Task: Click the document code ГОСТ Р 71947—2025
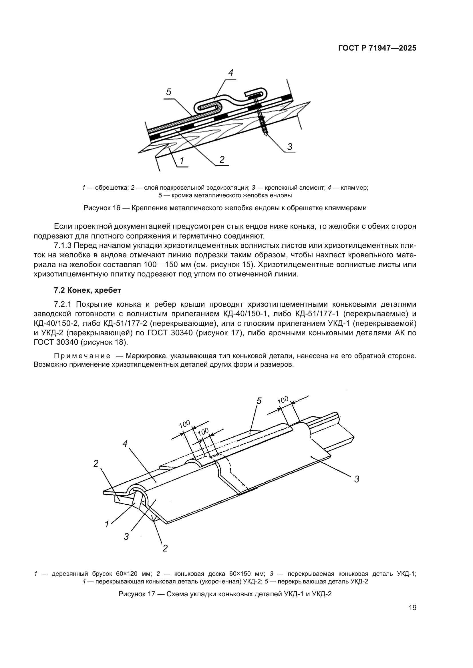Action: click(x=377, y=48)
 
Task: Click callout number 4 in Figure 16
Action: click(x=230, y=73)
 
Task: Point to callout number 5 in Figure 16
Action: click(x=169, y=92)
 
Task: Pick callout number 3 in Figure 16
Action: click(x=290, y=147)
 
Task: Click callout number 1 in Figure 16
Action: click(x=182, y=160)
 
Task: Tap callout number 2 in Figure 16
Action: click(x=222, y=159)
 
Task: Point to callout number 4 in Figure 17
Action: click(x=125, y=444)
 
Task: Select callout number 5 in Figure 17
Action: click(x=259, y=401)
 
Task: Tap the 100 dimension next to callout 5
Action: click(x=283, y=400)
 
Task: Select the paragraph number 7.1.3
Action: click(x=63, y=246)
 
